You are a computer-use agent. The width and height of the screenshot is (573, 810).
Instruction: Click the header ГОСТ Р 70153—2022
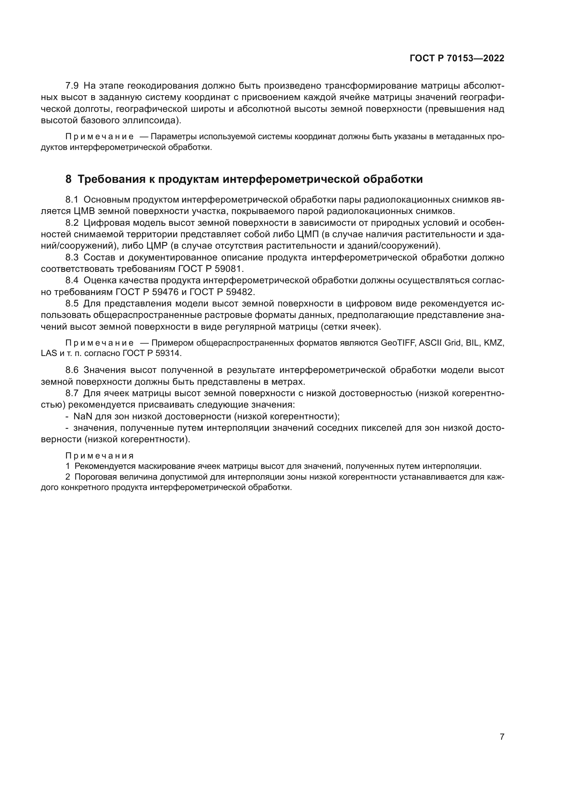457,59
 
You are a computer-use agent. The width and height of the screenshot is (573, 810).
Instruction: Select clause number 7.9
72,86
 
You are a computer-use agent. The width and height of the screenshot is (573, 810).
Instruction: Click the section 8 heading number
69,179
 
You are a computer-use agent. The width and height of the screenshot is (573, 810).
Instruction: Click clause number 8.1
72,200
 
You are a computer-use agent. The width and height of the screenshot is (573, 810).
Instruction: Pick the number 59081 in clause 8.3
228,269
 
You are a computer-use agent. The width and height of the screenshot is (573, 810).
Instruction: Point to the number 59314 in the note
167,353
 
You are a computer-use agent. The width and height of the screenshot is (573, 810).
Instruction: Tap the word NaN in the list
82,416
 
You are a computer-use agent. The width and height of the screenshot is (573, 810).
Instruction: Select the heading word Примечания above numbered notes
99,456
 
